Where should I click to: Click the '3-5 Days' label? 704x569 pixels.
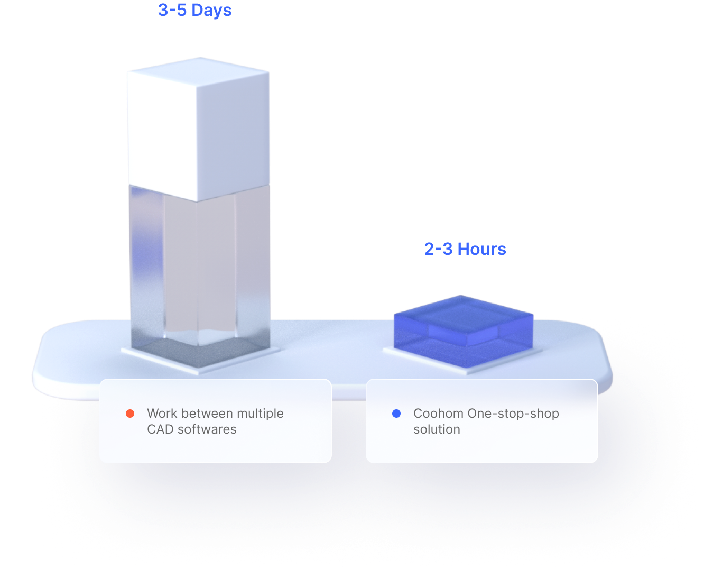pos(194,10)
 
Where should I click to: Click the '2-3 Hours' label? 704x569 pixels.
pos(465,249)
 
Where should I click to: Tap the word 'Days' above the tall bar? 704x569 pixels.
pos(211,11)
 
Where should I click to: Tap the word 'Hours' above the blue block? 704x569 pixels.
pos(481,249)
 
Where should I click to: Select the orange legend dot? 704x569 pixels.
pos(130,414)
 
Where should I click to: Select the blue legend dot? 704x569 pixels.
pos(396,414)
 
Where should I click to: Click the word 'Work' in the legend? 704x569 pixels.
pos(162,414)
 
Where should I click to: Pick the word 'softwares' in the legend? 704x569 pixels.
pos(207,429)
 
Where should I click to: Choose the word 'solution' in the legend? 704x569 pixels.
pos(437,429)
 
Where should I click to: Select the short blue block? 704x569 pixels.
pos(463,328)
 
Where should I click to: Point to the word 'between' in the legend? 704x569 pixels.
pos(208,414)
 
